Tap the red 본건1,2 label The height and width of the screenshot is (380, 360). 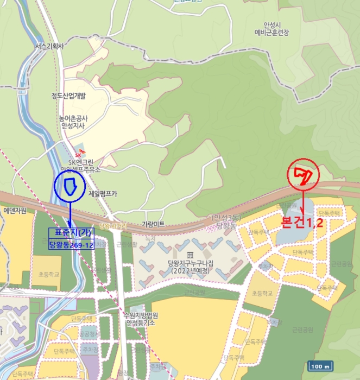(302, 223)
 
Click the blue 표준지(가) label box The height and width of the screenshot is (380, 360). (71, 233)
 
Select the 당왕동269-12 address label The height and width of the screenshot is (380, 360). (71, 245)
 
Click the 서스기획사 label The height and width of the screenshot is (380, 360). (49, 47)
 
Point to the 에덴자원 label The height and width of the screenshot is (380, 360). (15, 211)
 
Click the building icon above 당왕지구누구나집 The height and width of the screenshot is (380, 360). (190, 255)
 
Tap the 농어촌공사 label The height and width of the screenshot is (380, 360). (74, 118)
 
